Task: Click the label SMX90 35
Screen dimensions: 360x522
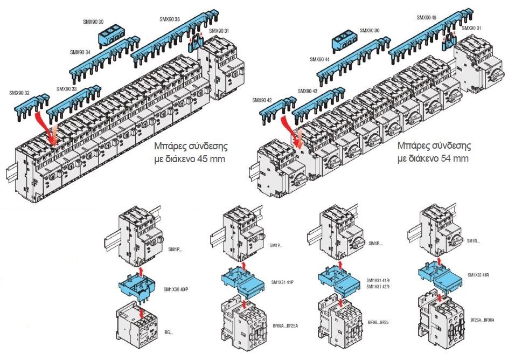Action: tap(170, 19)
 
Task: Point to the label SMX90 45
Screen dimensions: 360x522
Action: tap(427, 17)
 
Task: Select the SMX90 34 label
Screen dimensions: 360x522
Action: tap(80, 52)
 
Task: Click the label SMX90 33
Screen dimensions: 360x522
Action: tap(67, 89)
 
